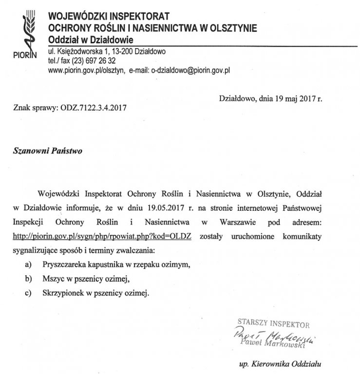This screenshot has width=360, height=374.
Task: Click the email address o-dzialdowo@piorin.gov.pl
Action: tap(190, 70)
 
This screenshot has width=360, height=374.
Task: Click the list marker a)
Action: tap(29, 265)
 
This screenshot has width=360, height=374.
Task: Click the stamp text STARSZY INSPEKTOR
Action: tap(273, 322)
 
